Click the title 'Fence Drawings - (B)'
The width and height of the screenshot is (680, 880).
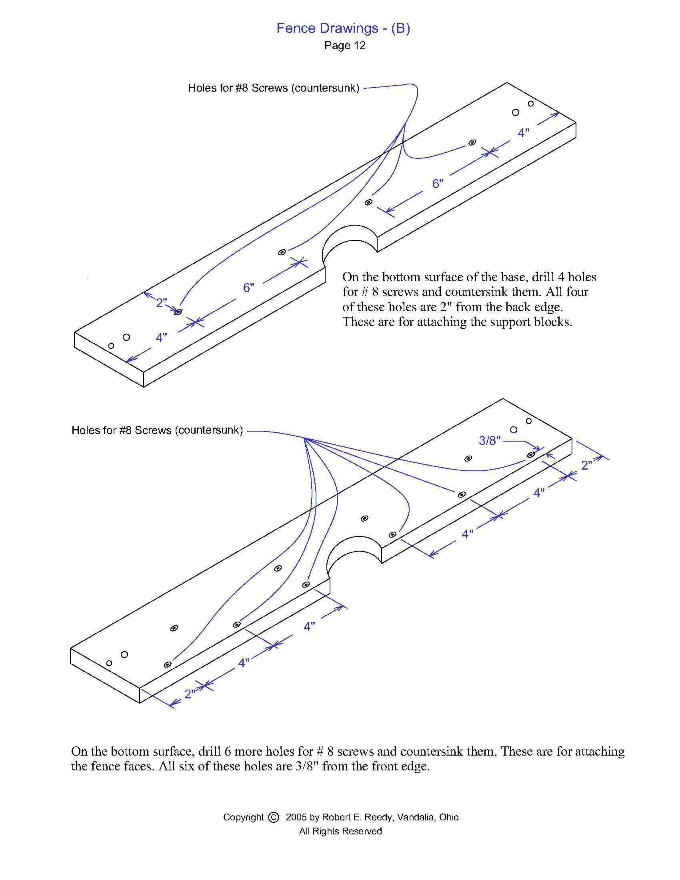pyautogui.click(x=343, y=28)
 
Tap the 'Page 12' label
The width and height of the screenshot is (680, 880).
pyautogui.click(x=345, y=46)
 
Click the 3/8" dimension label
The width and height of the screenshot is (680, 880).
pyautogui.click(x=489, y=440)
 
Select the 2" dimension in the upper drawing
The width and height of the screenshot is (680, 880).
pyautogui.click(x=162, y=303)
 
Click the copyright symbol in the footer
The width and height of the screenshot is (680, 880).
pyautogui.click(x=273, y=817)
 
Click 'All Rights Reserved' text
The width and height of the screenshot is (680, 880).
pyautogui.click(x=340, y=831)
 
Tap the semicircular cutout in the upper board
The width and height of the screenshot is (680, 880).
pyautogui.click(x=350, y=242)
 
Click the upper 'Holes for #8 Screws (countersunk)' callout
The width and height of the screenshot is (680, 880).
pyautogui.click(x=274, y=88)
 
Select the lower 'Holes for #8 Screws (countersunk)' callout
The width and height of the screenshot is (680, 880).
pyautogui.click(x=157, y=430)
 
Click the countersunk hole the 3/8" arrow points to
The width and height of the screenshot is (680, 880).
pyautogui.click(x=531, y=455)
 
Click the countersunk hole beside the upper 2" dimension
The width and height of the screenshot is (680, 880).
pyautogui.click(x=178, y=312)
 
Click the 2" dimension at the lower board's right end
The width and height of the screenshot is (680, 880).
pyautogui.click(x=586, y=465)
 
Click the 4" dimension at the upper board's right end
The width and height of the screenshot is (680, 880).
pyautogui.click(x=523, y=132)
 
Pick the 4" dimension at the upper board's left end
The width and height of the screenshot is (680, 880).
pyautogui.click(x=161, y=338)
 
